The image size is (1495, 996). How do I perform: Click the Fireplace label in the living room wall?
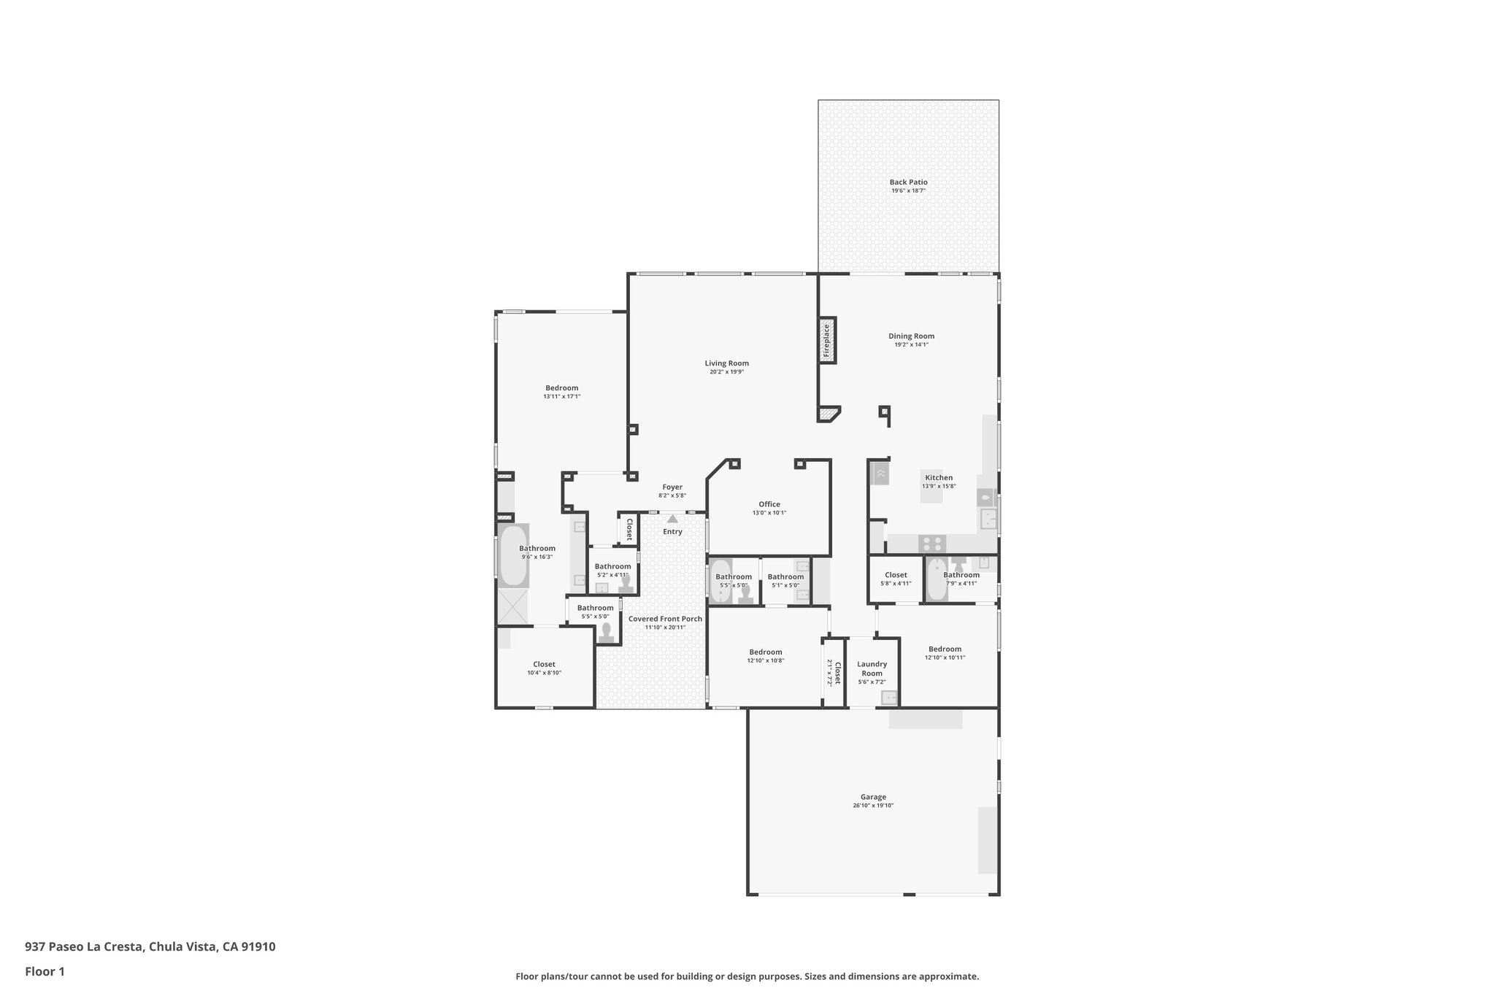pyautogui.click(x=827, y=340)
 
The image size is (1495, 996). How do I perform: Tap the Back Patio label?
pyautogui.click(x=908, y=182)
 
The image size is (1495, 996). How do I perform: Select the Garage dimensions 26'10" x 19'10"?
pyautogui.click(x=873, y=806)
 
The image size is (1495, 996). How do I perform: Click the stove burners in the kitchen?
pyautogui.click(x=932, y=544)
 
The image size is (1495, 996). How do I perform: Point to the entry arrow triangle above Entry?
pyautogui.click(x=672, y=519)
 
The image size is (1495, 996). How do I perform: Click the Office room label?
pyautogui.click(x=769, y=504)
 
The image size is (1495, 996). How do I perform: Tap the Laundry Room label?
pyautogui.click(x=872, y=668)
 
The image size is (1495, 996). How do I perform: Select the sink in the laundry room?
pyautogui.click(x=889, y=698)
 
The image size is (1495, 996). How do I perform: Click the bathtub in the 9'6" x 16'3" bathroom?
pyautogui.click(x=513, y=555)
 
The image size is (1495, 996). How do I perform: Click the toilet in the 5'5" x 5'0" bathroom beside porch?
pyautogui.click(x=606, y=633)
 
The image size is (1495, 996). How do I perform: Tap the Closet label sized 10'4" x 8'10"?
pyautogui.click(x=544, y=664)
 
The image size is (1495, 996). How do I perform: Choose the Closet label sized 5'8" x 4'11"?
pyautogui.click(x=896, y=575)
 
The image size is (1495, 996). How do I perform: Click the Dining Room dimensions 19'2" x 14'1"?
pyautogui.click(x=911, y=345)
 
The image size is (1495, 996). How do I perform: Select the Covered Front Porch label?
pyautogui.click(x=665, y=619)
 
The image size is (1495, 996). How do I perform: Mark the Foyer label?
pyautogui.click(x=672, y=487)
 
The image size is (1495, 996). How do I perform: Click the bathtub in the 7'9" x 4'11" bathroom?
pyautogui.click(x=936, y=580)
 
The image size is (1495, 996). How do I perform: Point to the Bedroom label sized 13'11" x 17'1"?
pyautogui.click(x=561, y=388)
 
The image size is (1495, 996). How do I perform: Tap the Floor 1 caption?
pyautogui.click(x=45, y=971)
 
